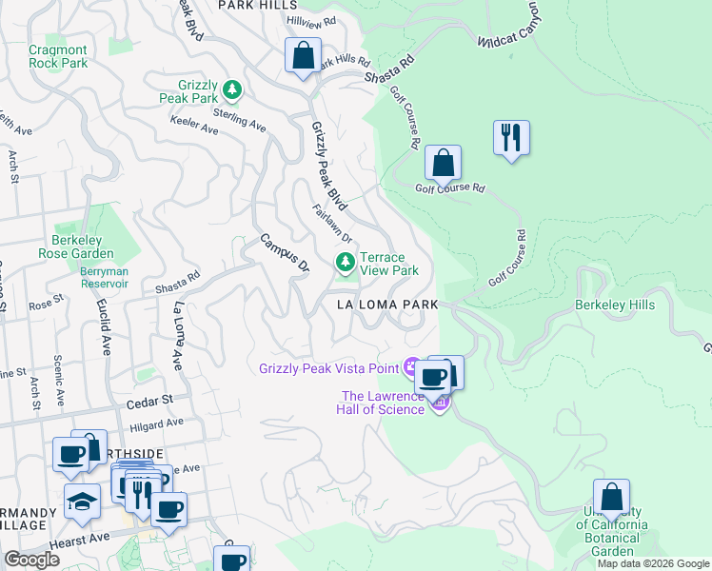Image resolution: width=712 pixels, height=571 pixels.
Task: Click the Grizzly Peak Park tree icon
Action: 231,90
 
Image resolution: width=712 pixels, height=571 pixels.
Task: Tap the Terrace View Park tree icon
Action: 345,262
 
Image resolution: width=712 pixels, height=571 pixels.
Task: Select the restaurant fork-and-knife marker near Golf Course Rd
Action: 511,137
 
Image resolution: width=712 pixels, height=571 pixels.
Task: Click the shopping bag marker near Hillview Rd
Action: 303,55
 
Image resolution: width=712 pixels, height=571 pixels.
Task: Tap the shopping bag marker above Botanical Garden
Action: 611,496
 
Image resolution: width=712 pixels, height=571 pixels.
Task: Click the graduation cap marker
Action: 83,501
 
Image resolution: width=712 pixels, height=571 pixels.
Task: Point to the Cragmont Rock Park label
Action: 58,56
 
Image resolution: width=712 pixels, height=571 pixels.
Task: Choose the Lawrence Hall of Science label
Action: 382,403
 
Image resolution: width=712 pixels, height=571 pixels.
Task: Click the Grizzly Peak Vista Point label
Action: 329,367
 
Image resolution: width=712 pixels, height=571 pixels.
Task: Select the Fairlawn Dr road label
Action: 333,225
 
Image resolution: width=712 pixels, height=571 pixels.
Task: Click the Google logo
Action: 32,560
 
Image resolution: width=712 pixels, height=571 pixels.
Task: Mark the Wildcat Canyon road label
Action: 515,35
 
